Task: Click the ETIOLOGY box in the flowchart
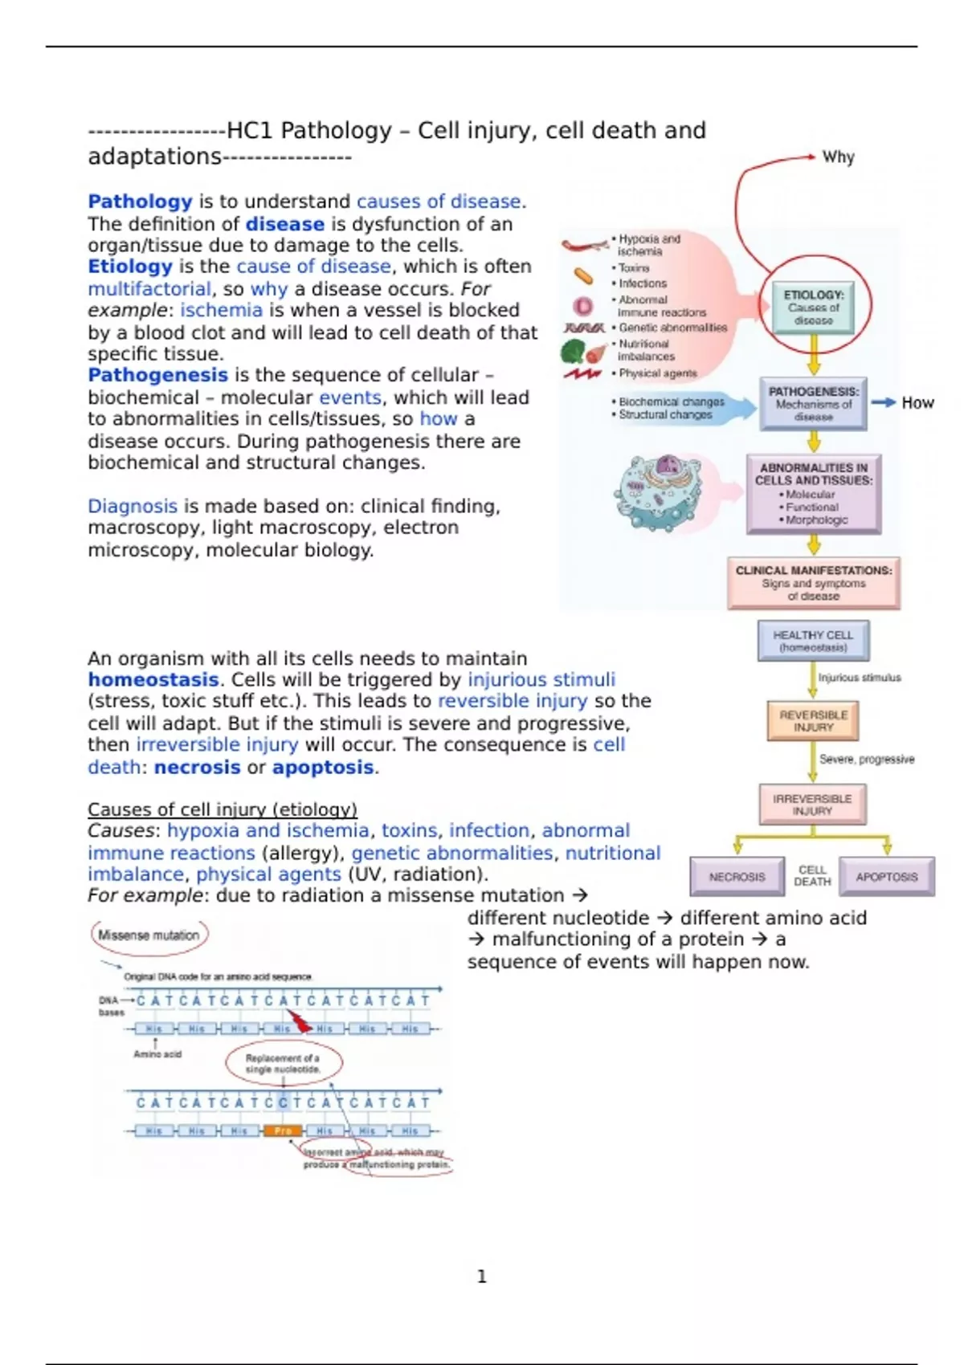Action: coord(813,308)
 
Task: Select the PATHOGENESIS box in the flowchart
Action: coord(813,404)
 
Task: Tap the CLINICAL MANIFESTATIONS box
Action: coord(813,583)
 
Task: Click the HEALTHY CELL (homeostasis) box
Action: coord(813,641)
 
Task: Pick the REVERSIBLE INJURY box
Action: coord(813,720)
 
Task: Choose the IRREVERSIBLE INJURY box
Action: coord(812,805)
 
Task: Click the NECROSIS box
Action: coord(737,877)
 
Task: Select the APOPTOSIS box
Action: coord(886,877)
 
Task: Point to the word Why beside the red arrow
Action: coord(838,157)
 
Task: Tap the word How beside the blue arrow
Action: coord(917,403)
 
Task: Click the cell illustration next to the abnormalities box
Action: coord(659,492)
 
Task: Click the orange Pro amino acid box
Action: coord(283,1131)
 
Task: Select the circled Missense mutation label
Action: coord(149,935)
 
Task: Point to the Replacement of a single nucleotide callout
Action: coord(283,1063)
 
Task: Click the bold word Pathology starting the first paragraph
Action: coord(140,202)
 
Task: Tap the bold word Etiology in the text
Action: coord(130,267)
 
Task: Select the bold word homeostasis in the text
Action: coord(153,680)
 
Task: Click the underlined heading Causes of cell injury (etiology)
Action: coord(223,809)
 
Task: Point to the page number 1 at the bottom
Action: coord(482,1277)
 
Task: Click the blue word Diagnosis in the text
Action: coord(133,507)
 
